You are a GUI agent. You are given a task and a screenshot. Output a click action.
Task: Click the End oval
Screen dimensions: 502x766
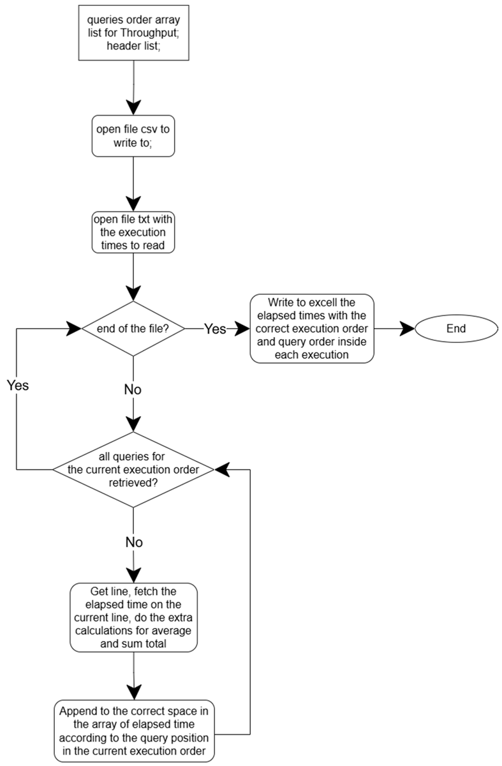(456, 328)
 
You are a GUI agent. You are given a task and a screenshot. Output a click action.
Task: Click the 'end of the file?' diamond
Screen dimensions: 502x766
(133, 328)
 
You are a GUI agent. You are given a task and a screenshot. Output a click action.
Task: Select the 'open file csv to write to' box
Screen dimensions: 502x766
(133, 136)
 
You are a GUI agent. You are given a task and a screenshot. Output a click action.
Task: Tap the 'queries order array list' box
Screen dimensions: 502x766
(133, 33)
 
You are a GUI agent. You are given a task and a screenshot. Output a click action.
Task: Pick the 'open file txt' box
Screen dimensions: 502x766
(133, 232)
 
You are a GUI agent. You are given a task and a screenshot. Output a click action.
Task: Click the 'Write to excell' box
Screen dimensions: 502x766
(312, 328)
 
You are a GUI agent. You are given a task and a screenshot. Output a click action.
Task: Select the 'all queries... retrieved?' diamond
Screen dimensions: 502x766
(133, 470)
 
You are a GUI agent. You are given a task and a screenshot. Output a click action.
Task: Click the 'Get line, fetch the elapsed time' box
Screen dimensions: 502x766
(133, 618)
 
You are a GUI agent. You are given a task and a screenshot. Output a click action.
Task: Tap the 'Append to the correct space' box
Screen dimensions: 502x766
(134, 730)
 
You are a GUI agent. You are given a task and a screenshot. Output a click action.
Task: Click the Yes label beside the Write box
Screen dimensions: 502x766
(215, 329)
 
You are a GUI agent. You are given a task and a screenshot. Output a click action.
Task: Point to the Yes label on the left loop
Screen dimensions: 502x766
(18, 386)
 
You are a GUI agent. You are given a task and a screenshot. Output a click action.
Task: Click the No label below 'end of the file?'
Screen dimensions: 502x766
(133, 389)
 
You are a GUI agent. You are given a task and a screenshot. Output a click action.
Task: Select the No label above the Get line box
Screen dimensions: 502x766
(134, 542)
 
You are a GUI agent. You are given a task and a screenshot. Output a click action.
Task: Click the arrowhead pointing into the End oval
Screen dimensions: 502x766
(408, 329)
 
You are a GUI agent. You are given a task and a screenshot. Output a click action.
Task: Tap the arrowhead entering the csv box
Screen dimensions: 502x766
(133, 108)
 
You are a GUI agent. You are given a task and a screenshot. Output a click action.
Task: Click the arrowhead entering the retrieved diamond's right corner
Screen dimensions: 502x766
(222, 470)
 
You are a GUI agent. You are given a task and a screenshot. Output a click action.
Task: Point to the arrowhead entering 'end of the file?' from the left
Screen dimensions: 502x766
(74, 329)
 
